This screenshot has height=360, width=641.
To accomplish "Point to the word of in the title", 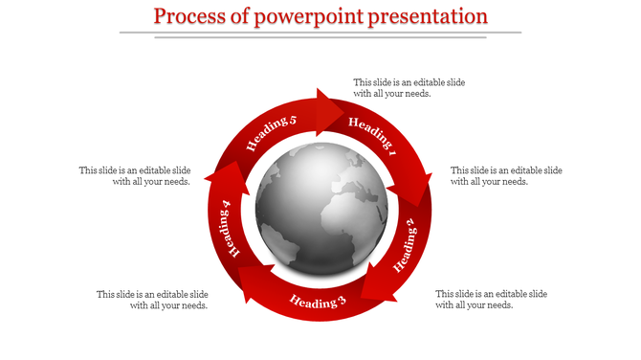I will (243, 16).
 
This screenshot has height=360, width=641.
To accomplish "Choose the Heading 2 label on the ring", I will (406, 244).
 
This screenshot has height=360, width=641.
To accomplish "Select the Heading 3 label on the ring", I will (318, 303).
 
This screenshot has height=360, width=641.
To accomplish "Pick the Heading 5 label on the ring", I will (272, 133).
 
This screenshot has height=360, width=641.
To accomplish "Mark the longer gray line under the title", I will (320, 32).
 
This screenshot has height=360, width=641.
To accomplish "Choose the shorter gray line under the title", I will (320, 37).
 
